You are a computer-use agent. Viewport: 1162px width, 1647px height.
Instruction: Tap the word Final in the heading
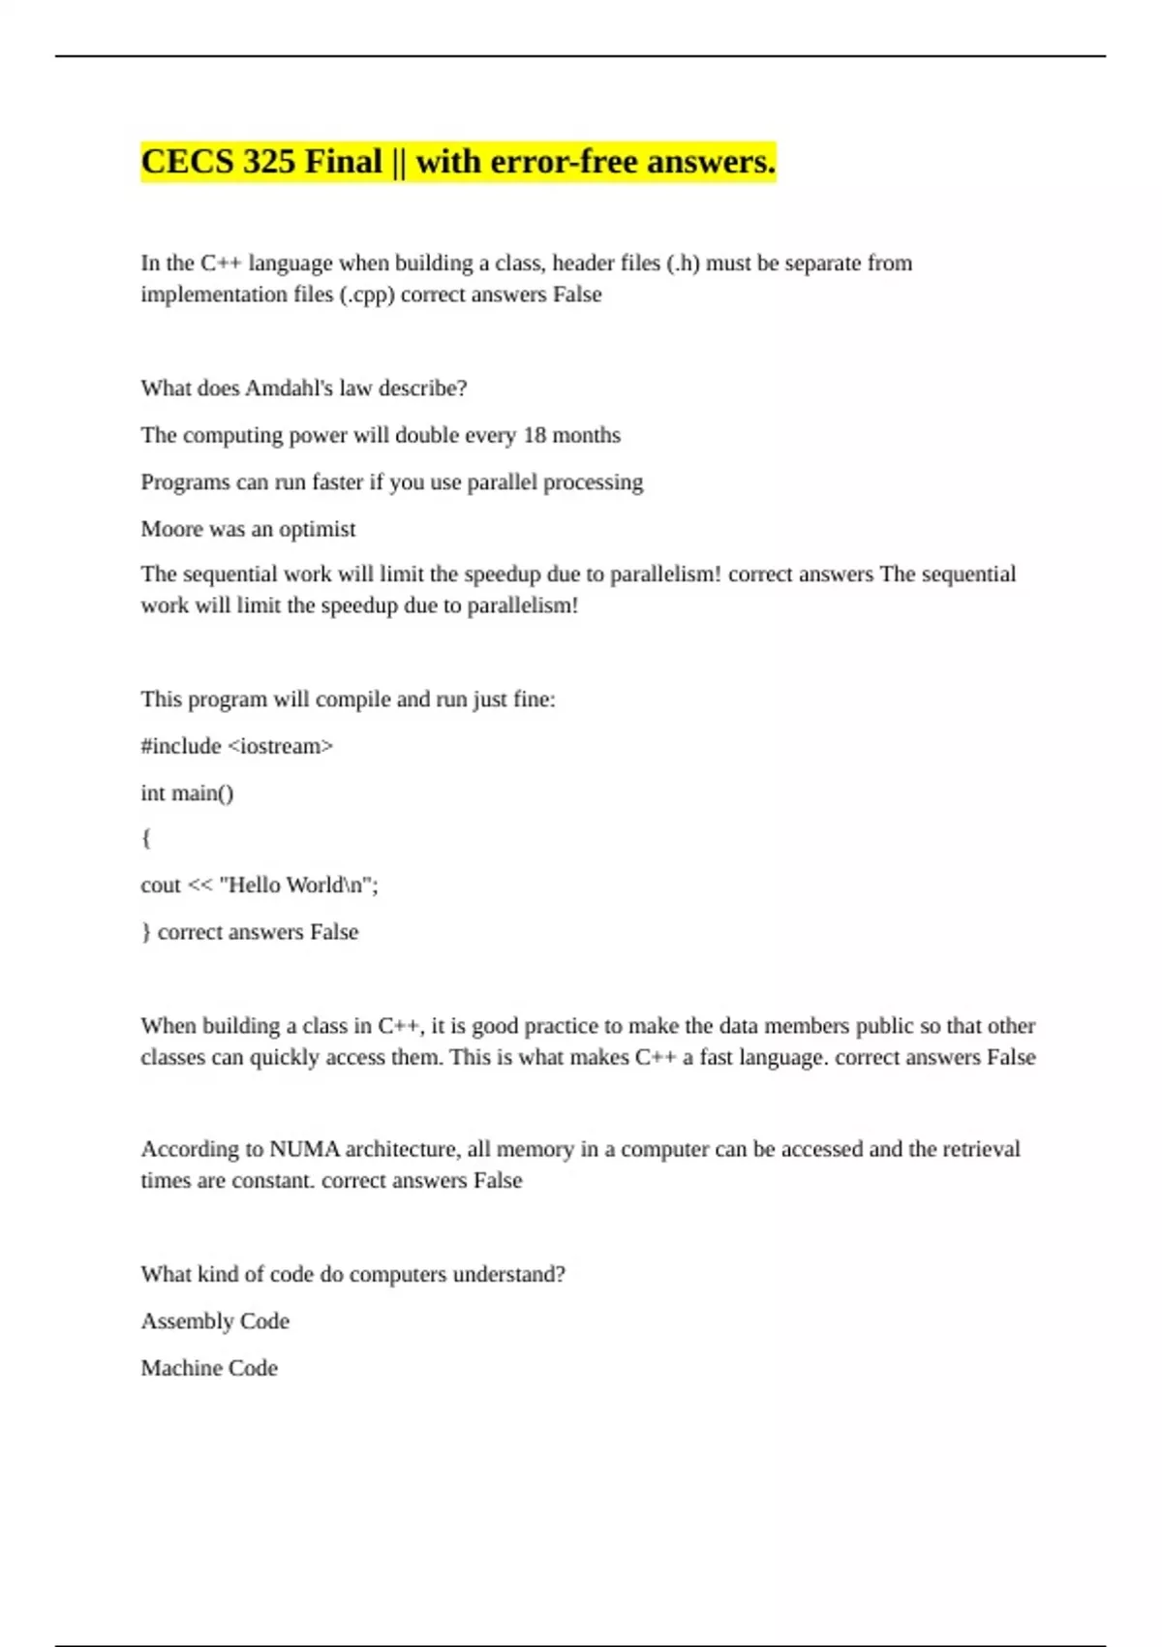point(343,162)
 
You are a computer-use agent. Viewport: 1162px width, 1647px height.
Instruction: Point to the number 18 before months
point(535,435)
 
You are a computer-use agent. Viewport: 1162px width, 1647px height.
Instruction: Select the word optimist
point(317,529)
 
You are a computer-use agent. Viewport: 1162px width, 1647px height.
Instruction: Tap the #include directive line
point(236,746)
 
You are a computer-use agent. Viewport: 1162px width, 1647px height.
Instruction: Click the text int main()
point(187,793)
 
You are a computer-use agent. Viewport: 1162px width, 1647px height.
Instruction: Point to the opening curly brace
point(146,838)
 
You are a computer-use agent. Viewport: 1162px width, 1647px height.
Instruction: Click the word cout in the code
point(160,886)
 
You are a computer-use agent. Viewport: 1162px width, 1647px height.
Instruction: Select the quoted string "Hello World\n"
point(298,886)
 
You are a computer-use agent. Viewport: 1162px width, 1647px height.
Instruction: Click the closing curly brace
point(146,932)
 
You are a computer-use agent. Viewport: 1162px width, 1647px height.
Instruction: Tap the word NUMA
point(304,1150)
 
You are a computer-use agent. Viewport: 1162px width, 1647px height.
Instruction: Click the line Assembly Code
point(215,1321)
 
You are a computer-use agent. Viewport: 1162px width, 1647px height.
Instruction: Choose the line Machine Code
point(209,1368)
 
